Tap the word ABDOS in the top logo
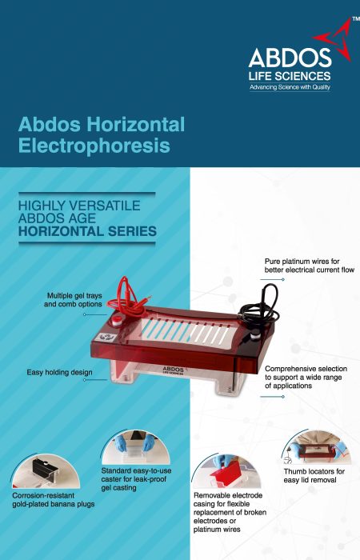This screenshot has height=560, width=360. click(290, 58)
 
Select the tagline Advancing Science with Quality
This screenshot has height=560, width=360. click(290, 86)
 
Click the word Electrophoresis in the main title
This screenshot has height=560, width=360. click(94, 146)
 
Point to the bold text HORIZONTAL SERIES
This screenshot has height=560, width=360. click(87, 231)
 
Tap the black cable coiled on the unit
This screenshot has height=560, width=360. click(260, 307)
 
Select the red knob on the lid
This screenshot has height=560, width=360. click(117, 320)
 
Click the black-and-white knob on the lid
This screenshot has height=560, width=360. click(255, 336)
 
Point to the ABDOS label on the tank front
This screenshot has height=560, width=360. click(174, 370)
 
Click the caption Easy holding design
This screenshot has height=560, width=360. click(59, 372)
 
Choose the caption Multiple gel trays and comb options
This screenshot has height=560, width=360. click(73, 300)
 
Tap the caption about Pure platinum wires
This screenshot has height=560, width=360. click(310, 266)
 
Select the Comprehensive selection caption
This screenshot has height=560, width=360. click(306, 377)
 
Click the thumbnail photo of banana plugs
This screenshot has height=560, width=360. click(46, 471)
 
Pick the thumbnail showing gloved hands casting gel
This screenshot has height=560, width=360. click(135, 446)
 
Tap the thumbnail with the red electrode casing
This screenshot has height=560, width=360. click(226, 470)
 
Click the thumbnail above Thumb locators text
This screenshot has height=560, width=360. click(314, 446)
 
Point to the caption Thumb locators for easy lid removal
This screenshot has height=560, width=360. click(314, 476)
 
